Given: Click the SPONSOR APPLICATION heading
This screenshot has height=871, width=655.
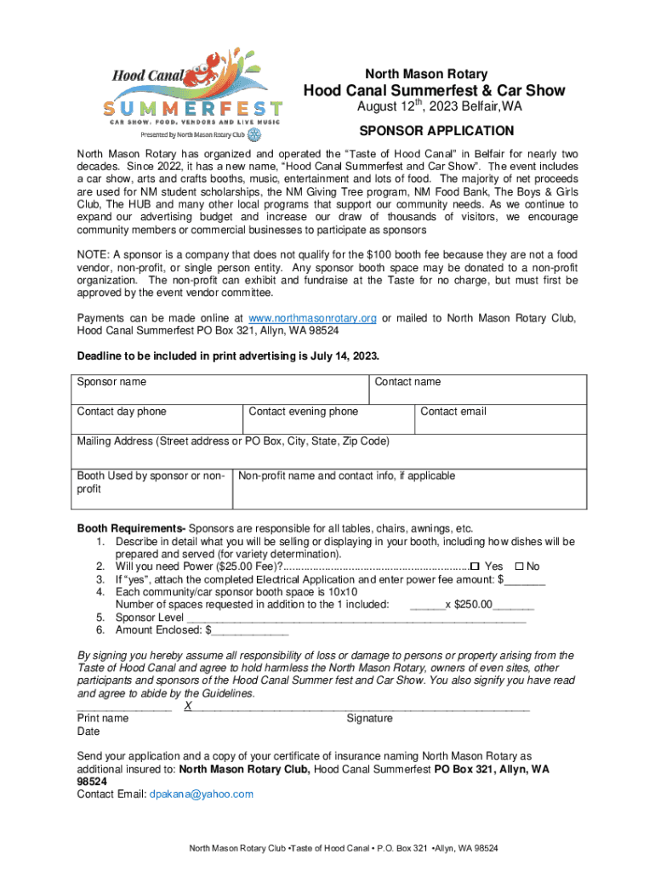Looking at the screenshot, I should [436, 131].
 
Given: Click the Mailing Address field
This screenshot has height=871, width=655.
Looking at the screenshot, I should [329, 451].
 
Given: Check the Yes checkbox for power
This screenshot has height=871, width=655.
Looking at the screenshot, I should [476, 567].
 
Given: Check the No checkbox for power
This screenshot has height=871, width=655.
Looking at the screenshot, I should [520, 567].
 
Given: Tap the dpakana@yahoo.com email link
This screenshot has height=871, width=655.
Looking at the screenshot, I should [201, 794].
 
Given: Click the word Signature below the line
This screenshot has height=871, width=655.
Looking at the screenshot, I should [369, 719].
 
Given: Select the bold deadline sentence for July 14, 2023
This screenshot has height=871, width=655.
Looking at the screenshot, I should [228, 356].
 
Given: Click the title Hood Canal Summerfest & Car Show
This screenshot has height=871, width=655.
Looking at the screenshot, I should [436, 92].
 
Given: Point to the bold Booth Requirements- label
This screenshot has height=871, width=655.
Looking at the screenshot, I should [131, 528].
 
